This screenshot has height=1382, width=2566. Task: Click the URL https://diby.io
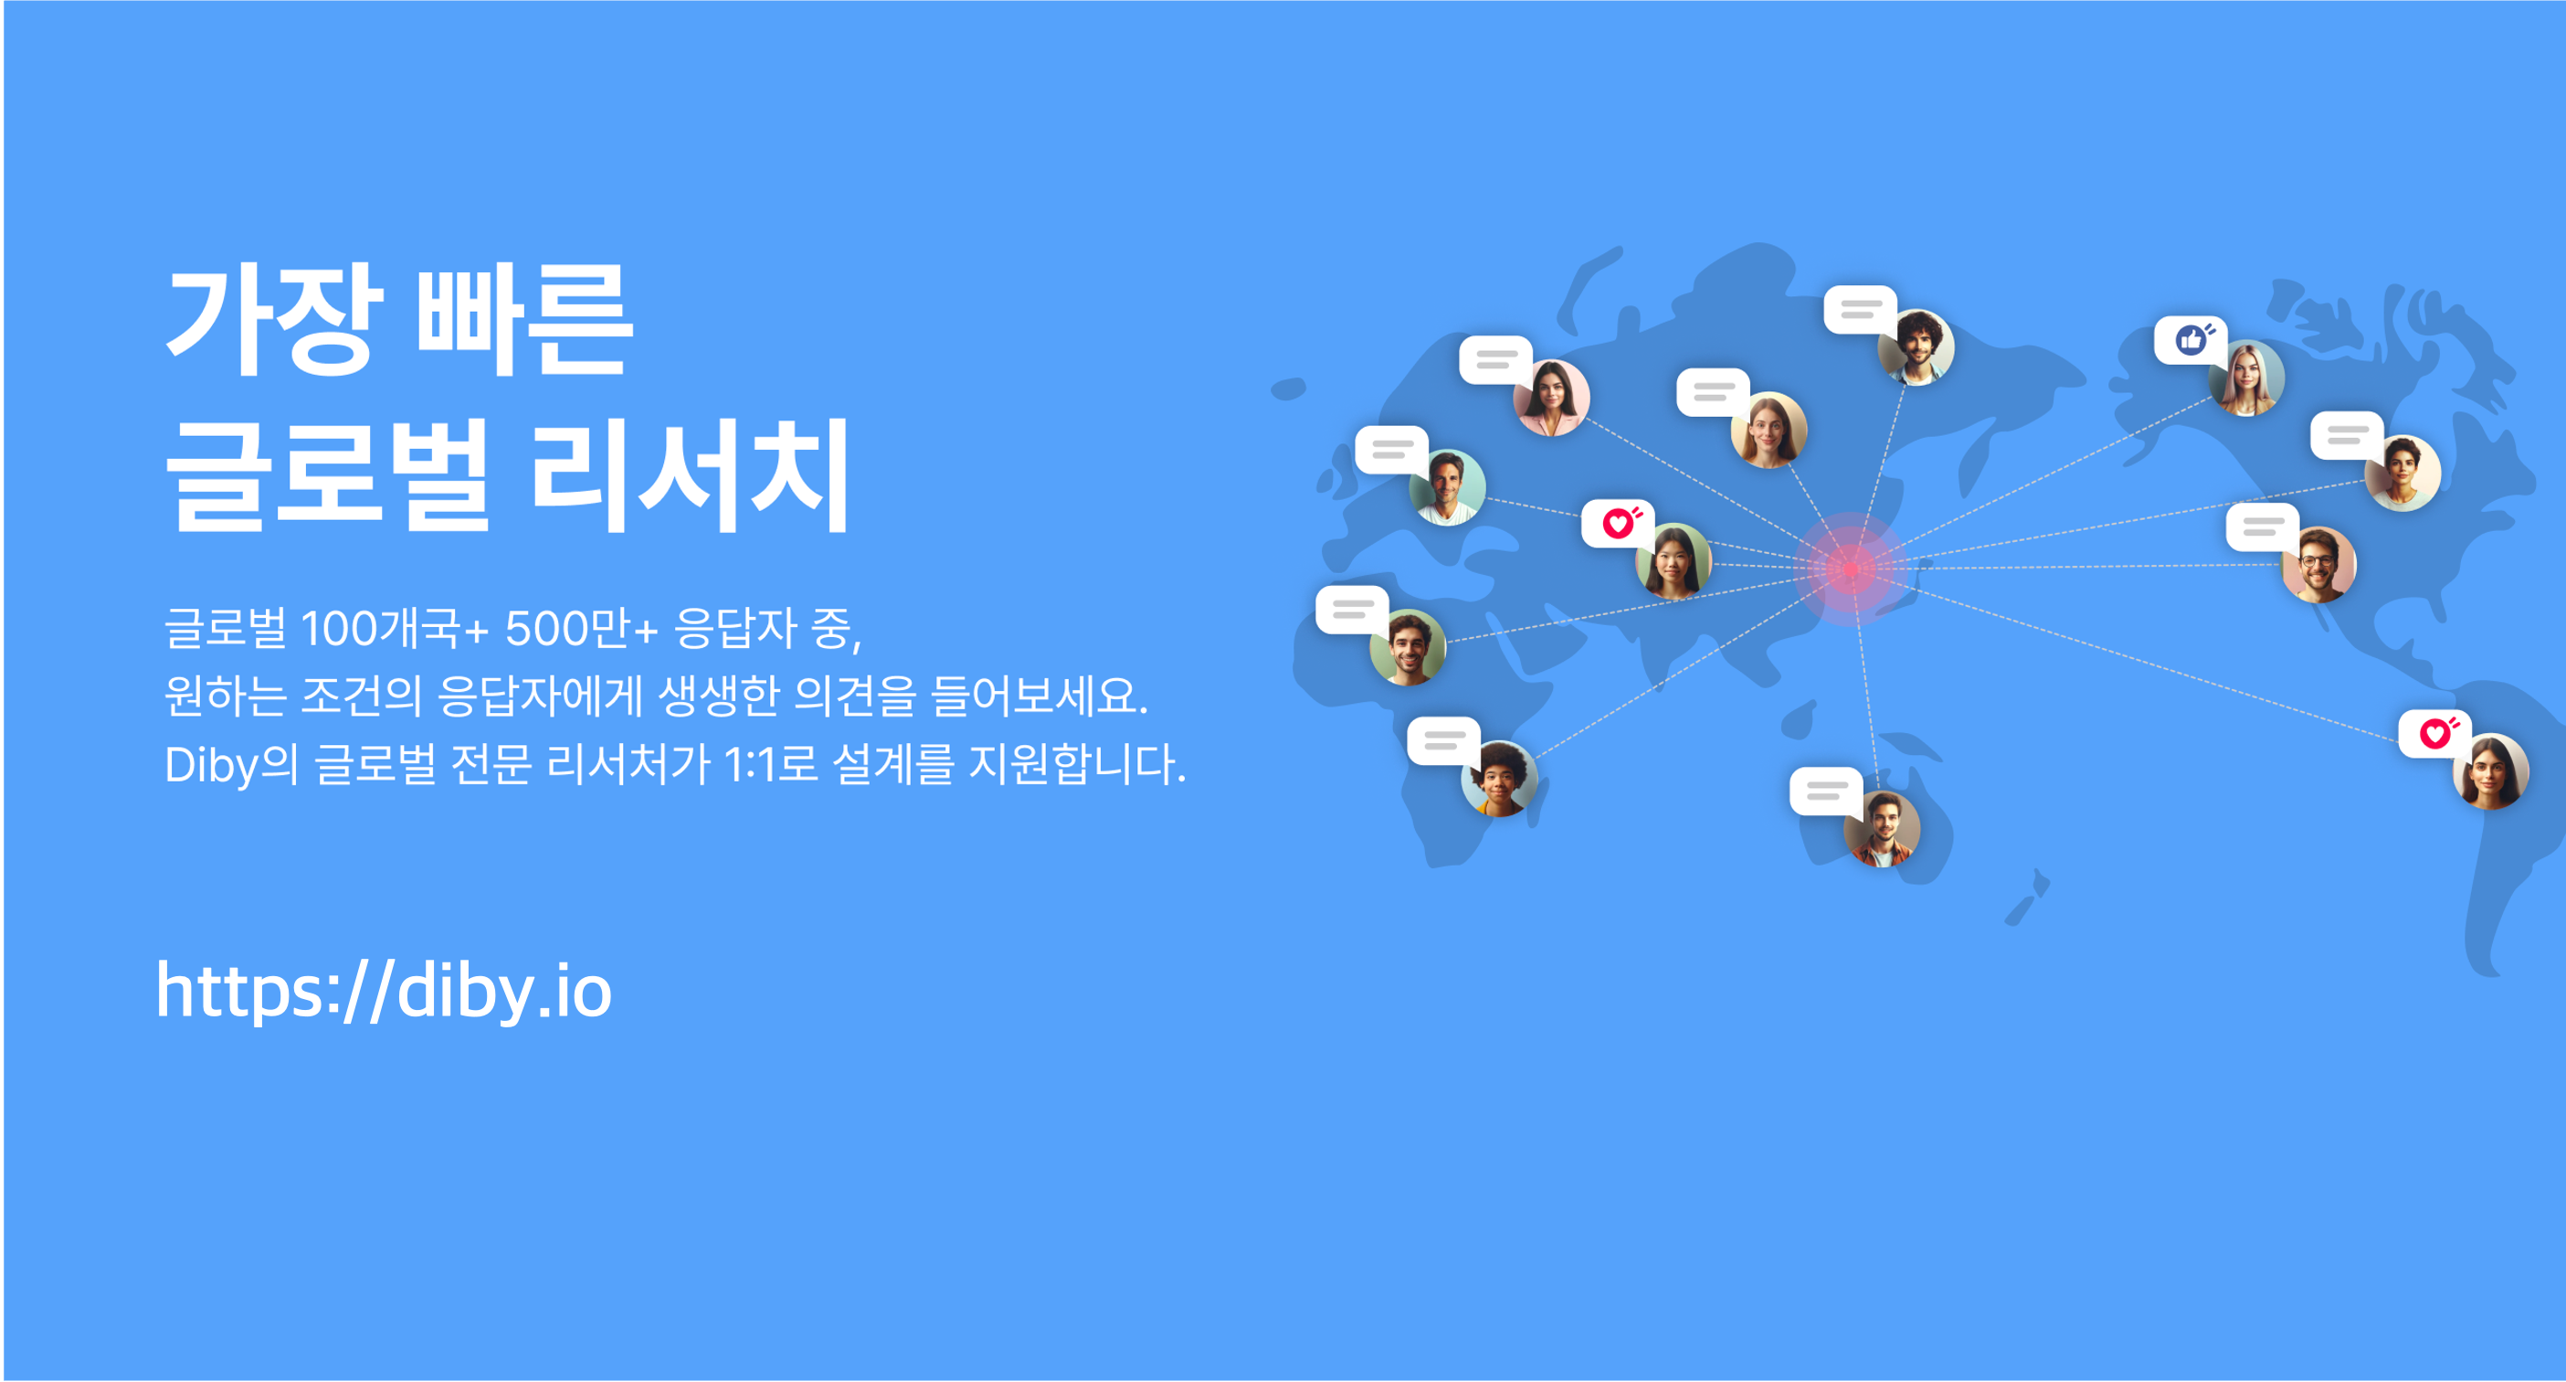click(x=384, y=991)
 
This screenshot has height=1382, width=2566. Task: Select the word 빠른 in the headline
click(x=524, y=321)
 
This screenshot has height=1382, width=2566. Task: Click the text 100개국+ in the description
click(x=395, y=629)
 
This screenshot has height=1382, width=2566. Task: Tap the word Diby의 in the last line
click(x=231, y=765)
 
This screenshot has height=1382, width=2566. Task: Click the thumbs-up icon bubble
click(x=2190, y=341)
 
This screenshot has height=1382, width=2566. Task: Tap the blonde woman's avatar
click(x=2246, y=378)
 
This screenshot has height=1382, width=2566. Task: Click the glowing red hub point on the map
click(x=1851, y=569)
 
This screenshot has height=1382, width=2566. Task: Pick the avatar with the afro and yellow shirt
click(x=1499, y=779)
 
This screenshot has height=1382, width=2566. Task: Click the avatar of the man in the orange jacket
click(x=1882, y=829)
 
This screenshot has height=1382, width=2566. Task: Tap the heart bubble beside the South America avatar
click(x=2434, y=734)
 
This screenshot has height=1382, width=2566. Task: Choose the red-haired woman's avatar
click(x=1769, y=431)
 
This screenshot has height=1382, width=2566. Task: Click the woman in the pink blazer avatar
click(x=1551, y=398)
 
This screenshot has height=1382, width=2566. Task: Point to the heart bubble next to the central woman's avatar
click(x=1618, y=523)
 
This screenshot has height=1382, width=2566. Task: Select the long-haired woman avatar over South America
click(x=2490, y=772)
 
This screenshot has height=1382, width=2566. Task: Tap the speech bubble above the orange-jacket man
click(x=1827, y=792)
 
